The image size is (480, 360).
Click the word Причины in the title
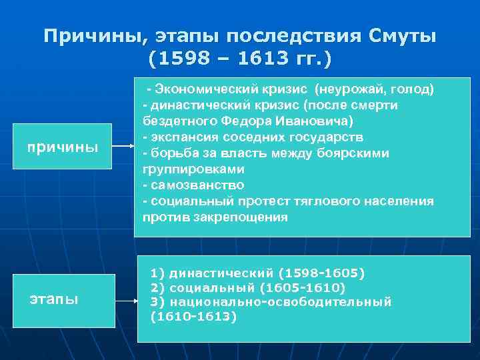point(97,36)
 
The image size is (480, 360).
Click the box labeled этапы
point(53,299)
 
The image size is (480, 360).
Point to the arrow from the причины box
point(122,147)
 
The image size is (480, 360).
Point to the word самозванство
point(196,185)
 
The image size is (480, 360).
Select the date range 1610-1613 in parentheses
point(193,317)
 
